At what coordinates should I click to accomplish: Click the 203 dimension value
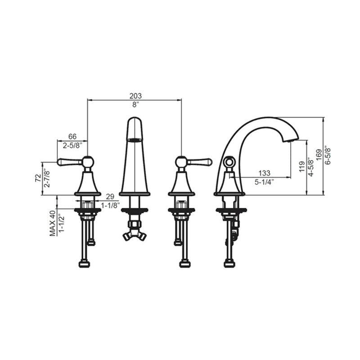point(135,96)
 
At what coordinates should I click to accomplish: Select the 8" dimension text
point(135,104)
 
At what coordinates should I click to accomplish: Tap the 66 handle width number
point(72,137)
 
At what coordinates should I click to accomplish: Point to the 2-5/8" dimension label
point(72,145)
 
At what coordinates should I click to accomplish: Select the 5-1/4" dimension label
point(265,182)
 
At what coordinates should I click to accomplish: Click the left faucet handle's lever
point(69,161)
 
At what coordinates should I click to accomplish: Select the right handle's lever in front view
point(200,161)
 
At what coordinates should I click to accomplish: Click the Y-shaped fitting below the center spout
point(134,235)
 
